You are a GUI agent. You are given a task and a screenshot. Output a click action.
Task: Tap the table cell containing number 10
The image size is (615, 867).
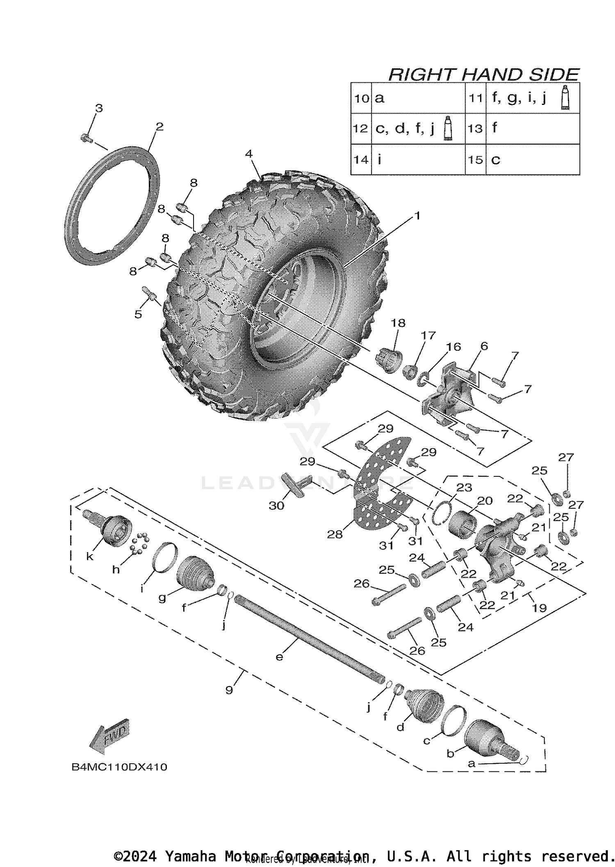pos(361,98)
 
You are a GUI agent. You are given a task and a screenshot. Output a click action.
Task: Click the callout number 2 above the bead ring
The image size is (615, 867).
pos(159,126)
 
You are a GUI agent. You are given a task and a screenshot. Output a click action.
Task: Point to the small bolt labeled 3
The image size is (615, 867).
pos(85,138)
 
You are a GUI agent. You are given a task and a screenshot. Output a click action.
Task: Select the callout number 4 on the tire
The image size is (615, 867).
pos(248,154)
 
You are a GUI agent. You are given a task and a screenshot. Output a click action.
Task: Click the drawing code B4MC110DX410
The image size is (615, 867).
pos(119,767)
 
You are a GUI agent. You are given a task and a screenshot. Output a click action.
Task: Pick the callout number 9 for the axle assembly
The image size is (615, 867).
pos(229,690)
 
